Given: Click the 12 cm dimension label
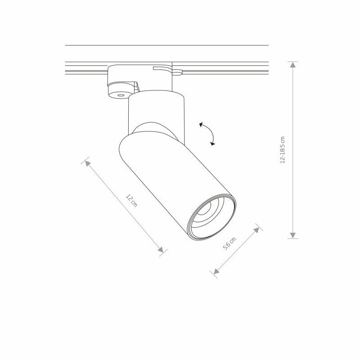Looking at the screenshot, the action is coord(131,201).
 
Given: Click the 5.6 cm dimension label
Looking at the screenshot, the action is coord(229,243).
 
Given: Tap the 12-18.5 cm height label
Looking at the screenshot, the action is coord(283,150).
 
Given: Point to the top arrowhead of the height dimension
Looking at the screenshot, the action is coord(293,65).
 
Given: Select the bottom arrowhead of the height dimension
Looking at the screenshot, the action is coord(293,235).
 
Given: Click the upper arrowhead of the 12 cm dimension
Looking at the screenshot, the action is coord(88,163).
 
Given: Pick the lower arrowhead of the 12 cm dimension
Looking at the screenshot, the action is coord(161,250).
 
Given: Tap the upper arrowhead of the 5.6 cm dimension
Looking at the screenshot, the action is coord(256,230).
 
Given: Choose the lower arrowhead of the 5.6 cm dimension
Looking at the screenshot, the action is coord(216,271).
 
